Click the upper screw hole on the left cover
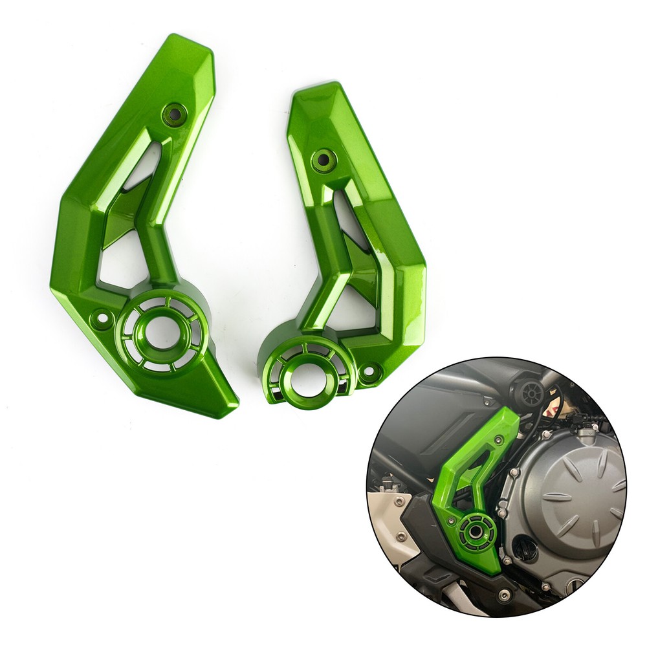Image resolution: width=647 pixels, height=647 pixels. (175, 115)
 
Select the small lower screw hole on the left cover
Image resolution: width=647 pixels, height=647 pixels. (102, 318)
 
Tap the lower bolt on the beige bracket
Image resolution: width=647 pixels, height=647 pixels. (402, 536)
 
